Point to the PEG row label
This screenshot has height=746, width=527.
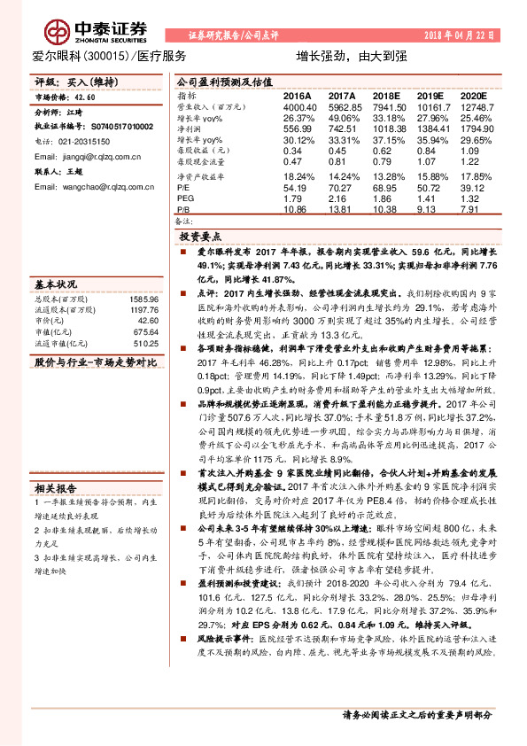[x=185, y=198]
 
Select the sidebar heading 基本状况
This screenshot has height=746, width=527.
[x=54, y=285]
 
